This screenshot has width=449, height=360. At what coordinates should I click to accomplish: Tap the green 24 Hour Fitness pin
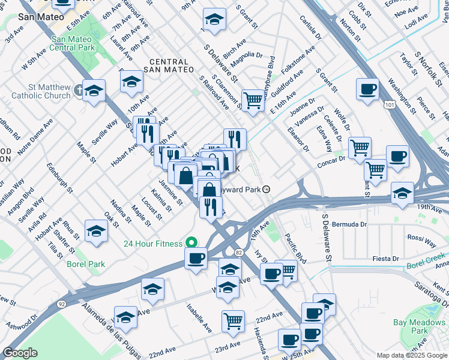[x=191, y=243]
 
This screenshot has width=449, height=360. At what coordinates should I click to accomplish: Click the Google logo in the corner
[x=20, y=353]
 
